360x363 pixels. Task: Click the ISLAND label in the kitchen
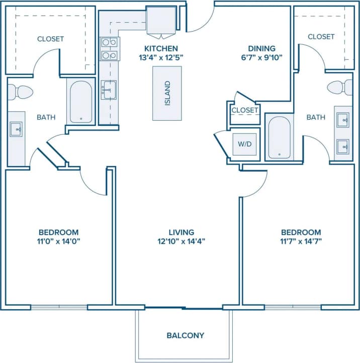[168, 94]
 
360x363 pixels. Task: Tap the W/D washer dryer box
[245, 144]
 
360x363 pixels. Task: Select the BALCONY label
[185, 335]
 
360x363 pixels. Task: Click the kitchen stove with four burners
[109, 49]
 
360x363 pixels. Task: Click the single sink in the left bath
[16, 129]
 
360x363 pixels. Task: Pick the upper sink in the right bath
[343, 120]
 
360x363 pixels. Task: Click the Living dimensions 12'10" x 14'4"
[182, 241]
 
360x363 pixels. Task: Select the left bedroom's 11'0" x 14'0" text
[59, 241]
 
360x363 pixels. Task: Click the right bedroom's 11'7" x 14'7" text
[301, 241]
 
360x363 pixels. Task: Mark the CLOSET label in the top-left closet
[50, 39]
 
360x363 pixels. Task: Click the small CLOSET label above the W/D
[245, 110]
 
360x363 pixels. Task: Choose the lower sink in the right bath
[343, 147]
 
